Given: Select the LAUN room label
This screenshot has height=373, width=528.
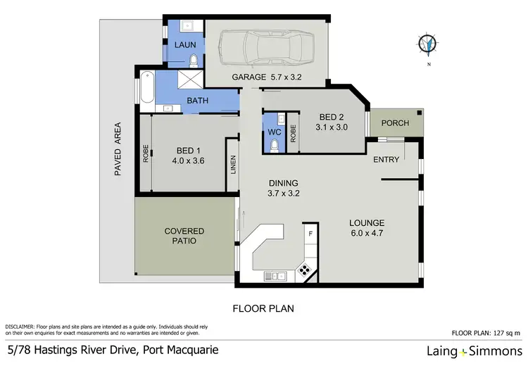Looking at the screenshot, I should tap(185, 44).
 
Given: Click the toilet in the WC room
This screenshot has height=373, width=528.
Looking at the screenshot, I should tap(273, 144).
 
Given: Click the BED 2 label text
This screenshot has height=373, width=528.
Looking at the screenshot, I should tap(331, 117).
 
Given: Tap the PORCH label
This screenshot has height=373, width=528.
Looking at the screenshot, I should tap(395, 123).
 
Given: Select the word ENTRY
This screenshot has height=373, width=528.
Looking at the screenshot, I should tap(386, 160).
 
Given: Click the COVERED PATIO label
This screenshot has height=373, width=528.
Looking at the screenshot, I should tap(184, 236).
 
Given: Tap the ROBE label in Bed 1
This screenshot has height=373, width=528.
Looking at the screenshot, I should tap(146, 154).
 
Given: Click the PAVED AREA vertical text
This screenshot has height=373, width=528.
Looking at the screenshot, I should tap(118, 149).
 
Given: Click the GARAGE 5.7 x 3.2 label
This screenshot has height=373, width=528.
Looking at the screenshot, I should tap(267, 77).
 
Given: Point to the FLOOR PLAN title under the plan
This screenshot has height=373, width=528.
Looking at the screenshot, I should tap(263, 308).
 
